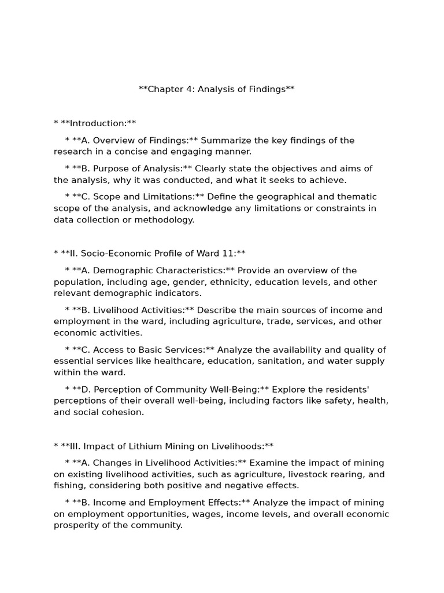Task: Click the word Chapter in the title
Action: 165,89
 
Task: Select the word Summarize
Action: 223,141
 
